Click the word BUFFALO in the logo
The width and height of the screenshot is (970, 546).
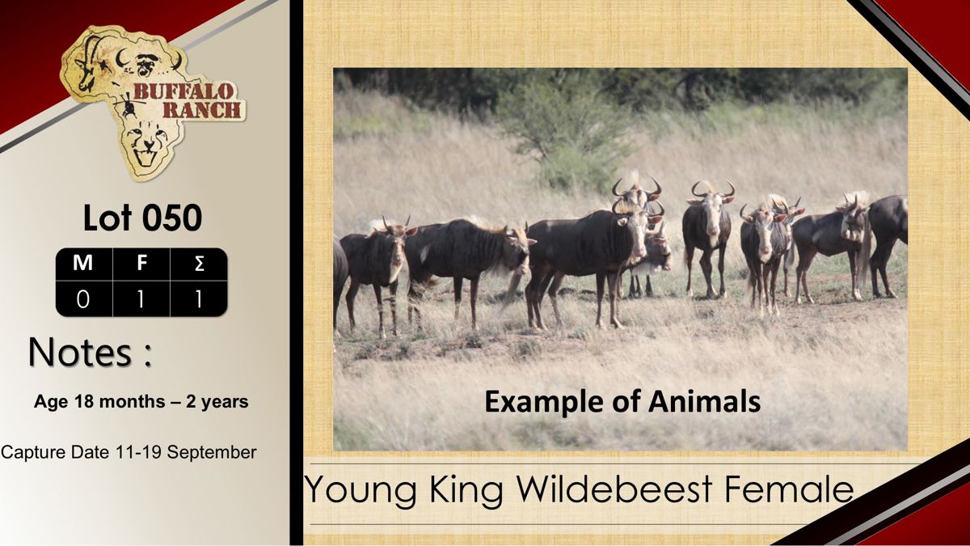tap(183, 91)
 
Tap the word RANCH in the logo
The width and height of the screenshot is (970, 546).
tap(202, 110)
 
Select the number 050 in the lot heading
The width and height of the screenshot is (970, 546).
tap(172, 218)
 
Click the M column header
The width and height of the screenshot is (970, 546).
tap(82, 263)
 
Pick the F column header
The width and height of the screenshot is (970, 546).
tap(141, 263)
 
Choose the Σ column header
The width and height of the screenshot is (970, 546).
tap(199, 264)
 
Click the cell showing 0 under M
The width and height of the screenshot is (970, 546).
tap(83, 299)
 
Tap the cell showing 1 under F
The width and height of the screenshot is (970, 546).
tap(141, 299)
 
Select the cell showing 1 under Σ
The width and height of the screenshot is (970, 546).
tap(199, 299)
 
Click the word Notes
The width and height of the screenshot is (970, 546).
tap(80, 352)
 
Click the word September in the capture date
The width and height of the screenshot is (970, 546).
tap(212, 453)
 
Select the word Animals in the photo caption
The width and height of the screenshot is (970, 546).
tap(704, 401)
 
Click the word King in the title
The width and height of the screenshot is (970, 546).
tap(466, 490)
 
